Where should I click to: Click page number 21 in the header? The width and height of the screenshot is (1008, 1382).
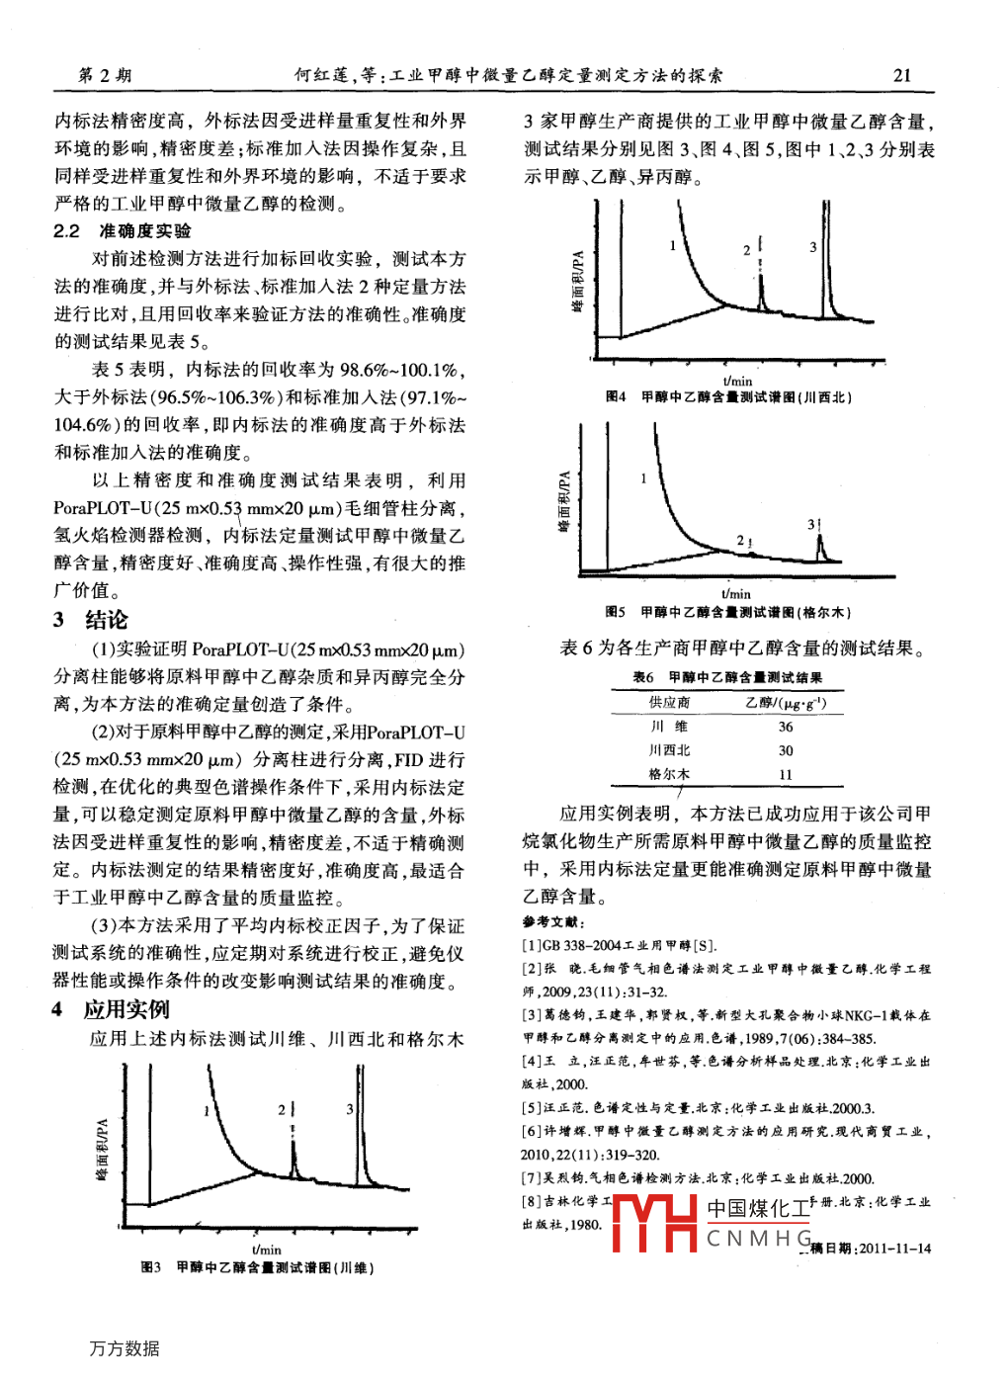pos(901,75)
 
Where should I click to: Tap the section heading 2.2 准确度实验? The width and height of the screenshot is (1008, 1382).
pos(123,231)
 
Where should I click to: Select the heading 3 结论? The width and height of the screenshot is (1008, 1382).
pos(91,620)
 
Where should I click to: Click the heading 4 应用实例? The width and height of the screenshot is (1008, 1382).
pos(111,1009)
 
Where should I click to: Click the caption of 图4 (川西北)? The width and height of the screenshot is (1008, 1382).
pos(728,396)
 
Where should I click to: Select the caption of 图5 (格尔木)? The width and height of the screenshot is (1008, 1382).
pos(728,612)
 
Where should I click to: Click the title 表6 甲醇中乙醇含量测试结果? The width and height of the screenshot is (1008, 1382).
pos(727,677)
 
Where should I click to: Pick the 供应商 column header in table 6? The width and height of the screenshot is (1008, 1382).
pos(669,702)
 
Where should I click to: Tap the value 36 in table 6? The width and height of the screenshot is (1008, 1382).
pos(786,727)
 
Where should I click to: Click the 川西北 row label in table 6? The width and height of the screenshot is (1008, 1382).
pos(669,750)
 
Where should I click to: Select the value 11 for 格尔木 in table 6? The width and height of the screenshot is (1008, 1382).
pos(786,774)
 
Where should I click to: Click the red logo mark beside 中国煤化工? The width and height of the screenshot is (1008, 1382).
pos(655,1224)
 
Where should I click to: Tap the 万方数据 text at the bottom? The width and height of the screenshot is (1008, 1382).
pos(125,1348)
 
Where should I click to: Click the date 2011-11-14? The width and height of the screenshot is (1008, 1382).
pos(895,1249)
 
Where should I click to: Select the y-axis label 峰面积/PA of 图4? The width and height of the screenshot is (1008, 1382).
pos(578,282)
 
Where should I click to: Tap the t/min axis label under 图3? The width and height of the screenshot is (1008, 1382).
pos(266,1250)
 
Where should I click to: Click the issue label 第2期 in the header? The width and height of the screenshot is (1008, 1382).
pos(105,75)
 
